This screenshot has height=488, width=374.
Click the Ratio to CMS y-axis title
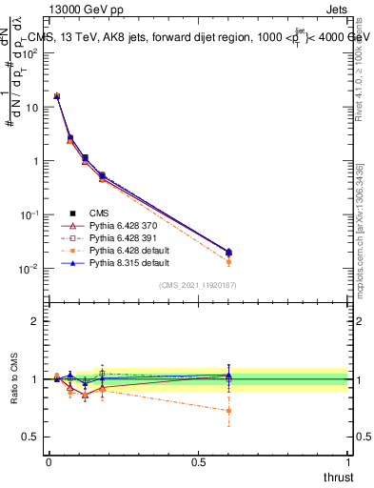click(x=13, y=379)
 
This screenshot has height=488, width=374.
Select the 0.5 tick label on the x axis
click(x=198, y=462)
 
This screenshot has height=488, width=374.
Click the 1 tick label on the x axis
click(x=347, y=462)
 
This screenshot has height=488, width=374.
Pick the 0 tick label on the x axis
click(x=49, y=462)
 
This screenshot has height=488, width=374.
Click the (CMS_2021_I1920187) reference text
click(x=197, y=284)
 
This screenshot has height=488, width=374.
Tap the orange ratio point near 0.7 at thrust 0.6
click(x=227, y=411)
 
